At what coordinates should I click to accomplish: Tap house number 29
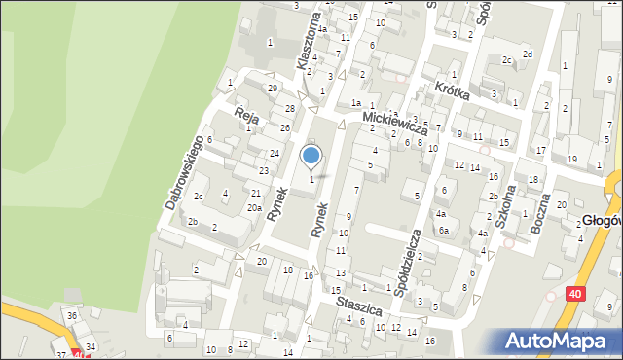coord(272,89)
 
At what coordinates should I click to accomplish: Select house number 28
coord(290,108)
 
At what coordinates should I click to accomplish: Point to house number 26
coord(284,128)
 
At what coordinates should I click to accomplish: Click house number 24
coord(275,154)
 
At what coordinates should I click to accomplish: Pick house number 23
coord(263,171)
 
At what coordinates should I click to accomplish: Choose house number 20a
coord(253,207)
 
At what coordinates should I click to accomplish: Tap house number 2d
coord(527,54)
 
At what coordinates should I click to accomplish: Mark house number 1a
coord(357,102)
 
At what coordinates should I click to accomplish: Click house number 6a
coord(443,231)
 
